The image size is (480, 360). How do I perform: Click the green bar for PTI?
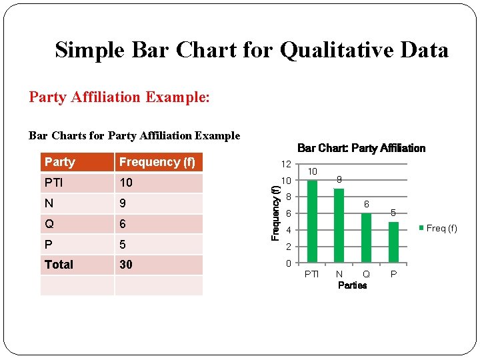[x=312, y=221]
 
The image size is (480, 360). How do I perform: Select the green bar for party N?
[x=339, y=225]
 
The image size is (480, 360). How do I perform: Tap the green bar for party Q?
[x=366, y=238]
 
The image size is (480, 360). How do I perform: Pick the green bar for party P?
[x=393, y=242]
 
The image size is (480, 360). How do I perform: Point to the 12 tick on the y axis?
[x=285, y=164]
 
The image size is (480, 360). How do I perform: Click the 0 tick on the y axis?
[x=288, y=263]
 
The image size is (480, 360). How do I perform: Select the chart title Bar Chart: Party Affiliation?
[x=361, y=148]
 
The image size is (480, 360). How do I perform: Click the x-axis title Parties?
[x=352, y=285]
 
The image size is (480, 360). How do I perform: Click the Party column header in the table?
[x=60, y=162]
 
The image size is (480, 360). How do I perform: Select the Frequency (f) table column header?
[x=157, y=162]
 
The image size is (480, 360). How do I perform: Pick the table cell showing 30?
[x=126, y=265]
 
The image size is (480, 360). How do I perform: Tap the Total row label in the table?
[x=59, y=265]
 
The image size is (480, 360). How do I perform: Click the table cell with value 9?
[x=123, y=203]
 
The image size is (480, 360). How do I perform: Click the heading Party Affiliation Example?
[x=119, y=97]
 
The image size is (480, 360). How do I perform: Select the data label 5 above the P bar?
[x=393, y=213]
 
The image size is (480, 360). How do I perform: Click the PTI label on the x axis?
[x=311, y=274]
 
